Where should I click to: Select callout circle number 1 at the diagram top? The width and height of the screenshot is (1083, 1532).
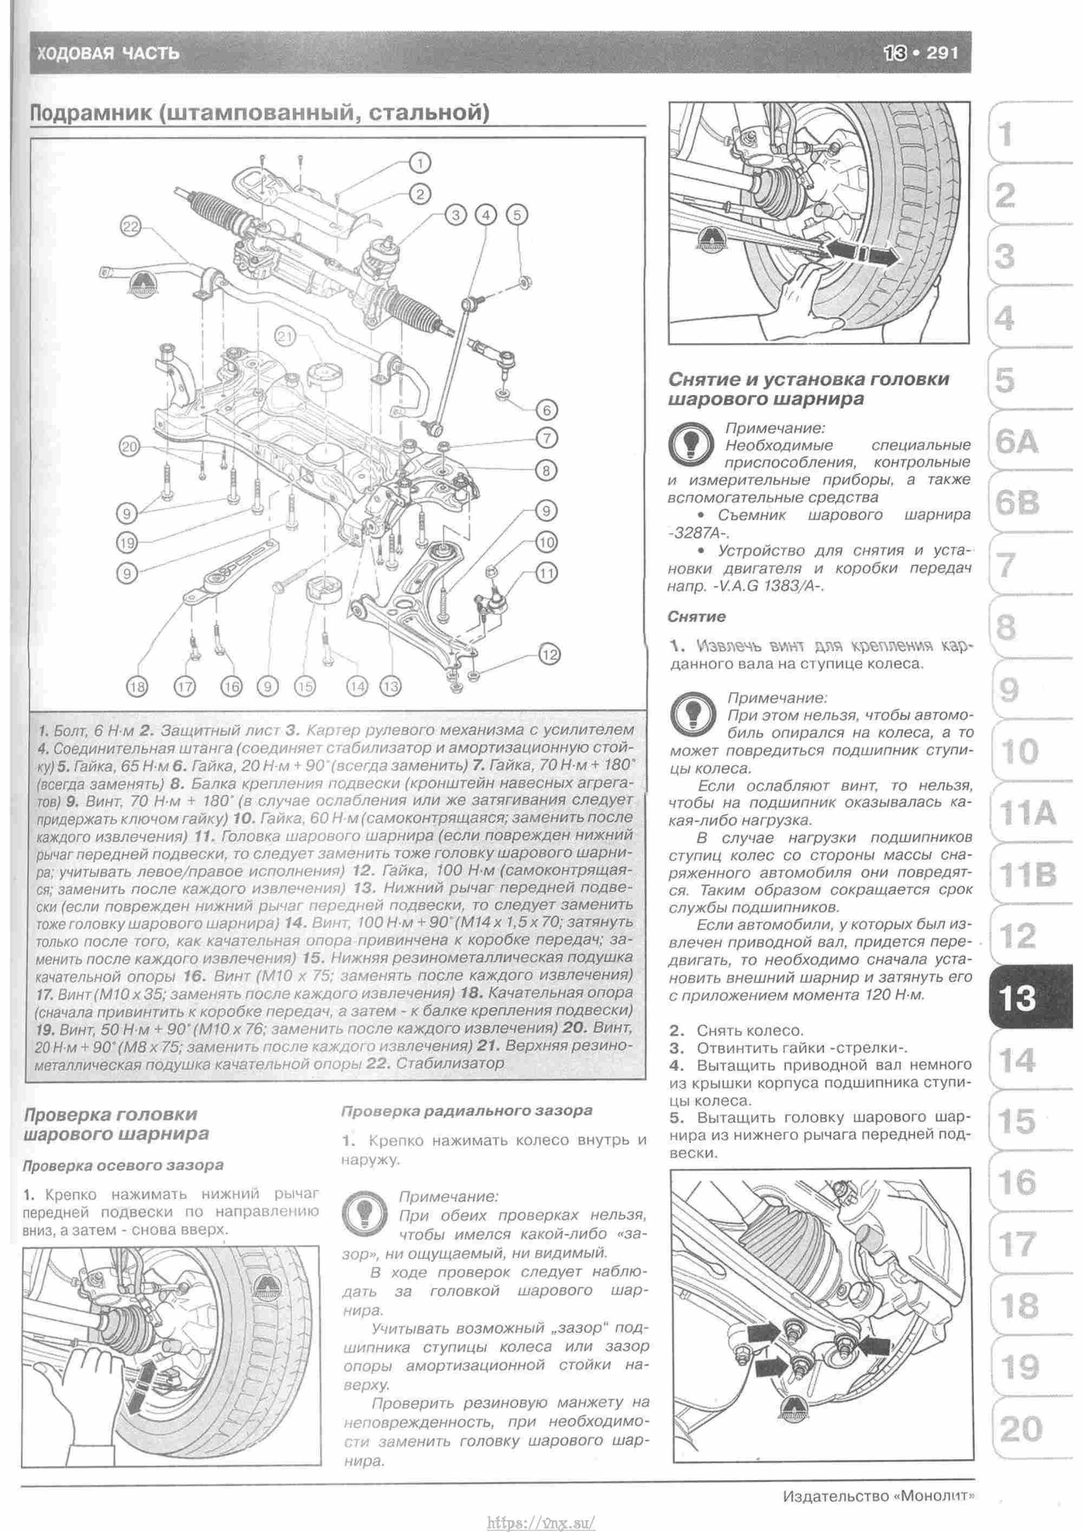coord(420,162)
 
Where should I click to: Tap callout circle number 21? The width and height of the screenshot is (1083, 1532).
coord(285,338)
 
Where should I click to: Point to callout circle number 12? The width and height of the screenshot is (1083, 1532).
coord(549,655)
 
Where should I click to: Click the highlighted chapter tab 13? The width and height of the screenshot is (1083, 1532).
coord(1019,999)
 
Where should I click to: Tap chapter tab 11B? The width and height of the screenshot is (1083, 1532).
coord(1027,874)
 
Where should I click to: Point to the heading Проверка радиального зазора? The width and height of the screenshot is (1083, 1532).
coord(466,1111)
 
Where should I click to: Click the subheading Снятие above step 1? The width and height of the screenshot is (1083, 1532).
coord(697,617)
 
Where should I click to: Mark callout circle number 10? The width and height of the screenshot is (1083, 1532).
coord(546,542)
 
